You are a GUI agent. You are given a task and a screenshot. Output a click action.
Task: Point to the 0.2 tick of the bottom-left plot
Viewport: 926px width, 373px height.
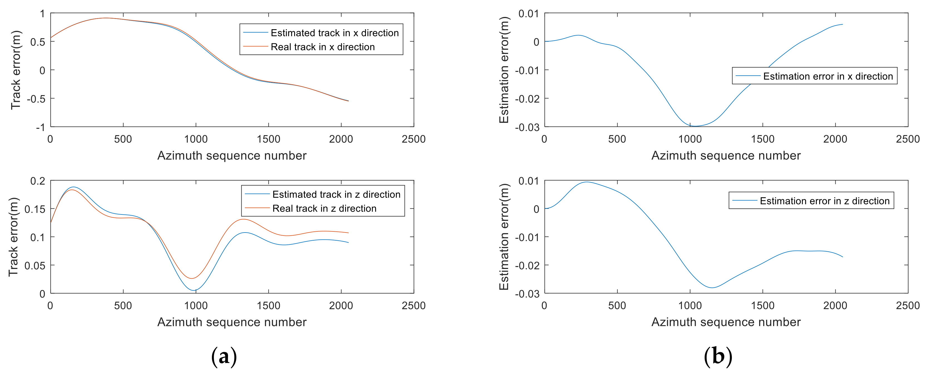point(38,181)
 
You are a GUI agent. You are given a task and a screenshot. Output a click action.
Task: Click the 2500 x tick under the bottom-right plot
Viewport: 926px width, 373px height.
point(908,306)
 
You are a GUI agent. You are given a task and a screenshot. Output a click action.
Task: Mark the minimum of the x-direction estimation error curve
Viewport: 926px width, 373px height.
point(695,126)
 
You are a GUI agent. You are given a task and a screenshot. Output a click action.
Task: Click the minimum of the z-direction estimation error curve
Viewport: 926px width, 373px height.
point(712,287)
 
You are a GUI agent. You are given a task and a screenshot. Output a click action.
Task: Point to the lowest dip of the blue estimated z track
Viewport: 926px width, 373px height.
point(194,290)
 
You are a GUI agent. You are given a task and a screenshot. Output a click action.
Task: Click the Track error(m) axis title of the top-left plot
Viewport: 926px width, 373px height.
point(16,70)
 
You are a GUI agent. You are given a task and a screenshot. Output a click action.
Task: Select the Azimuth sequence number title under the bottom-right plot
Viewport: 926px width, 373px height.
point(726,322)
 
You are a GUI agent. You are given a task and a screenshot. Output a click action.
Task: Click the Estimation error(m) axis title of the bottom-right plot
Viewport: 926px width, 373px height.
point(504,237)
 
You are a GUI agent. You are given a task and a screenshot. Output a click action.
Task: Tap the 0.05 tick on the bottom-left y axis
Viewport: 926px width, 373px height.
point(35,265)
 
